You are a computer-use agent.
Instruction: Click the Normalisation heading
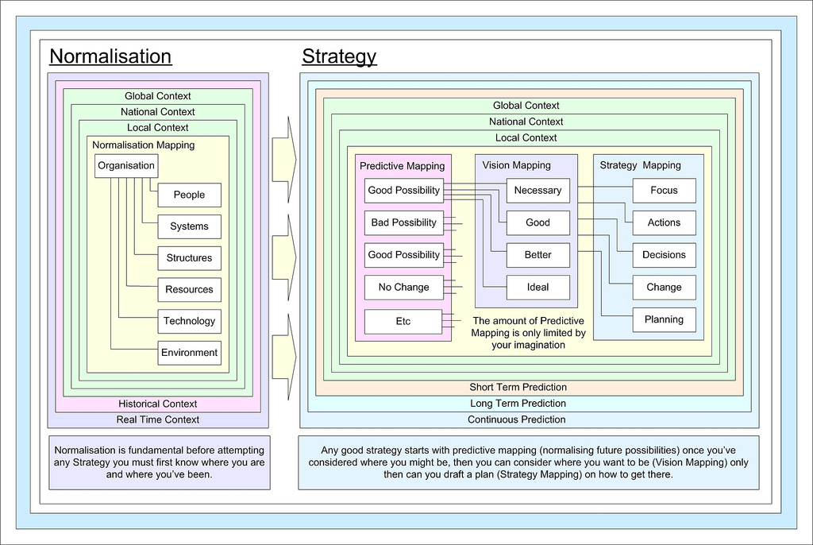tap(110, 56)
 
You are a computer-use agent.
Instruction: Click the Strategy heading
tap(339, 56)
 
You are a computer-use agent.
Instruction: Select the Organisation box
tap(126, 165)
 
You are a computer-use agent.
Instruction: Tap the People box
tap(189, 195)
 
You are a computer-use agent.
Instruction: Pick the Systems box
tap(189, 226)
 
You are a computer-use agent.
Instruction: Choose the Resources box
tap(189, 290)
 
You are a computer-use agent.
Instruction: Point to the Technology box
tap(189, 321)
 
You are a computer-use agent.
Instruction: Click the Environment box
tap(189, 353)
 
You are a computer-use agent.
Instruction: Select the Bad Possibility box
tap(403, 222)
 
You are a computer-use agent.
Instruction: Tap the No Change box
tap(403, 287)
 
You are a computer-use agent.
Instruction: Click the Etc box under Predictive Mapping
tap(403, 321)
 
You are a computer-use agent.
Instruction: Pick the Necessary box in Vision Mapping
tap(538, 191)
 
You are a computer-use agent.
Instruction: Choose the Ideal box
tap(538, 287)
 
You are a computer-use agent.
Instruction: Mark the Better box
tap(538, 255)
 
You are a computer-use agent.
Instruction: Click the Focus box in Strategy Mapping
tap(664, 191)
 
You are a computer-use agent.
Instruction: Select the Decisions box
tap(664, 255)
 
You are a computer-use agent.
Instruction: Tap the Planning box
tap(664, 319)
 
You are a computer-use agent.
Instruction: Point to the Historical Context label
tap(158, 404)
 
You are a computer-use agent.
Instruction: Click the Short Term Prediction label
tap(518, 387)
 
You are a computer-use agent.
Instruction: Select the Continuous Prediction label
tap(516, 419)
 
